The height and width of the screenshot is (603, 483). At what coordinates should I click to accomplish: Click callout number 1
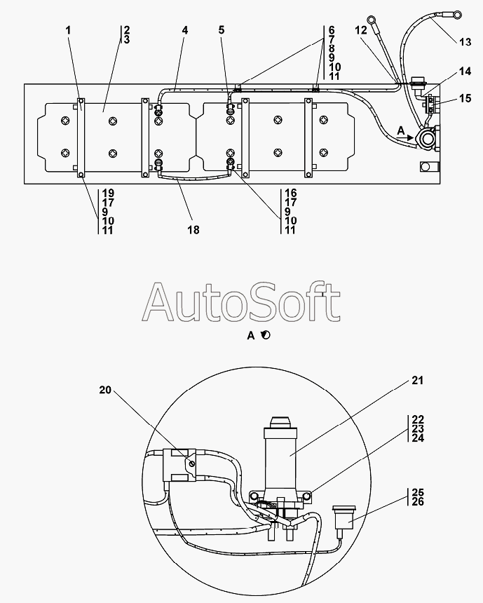pos(69,30)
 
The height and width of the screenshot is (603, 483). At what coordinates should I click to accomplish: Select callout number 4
pos(185,30)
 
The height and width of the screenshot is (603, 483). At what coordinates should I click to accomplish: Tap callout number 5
pos(222,30)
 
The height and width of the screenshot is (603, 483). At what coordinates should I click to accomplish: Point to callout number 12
pos(361,30)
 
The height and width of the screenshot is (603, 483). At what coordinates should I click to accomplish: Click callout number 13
pos(465,42)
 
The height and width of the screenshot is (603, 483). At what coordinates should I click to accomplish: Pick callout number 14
pos(465,71)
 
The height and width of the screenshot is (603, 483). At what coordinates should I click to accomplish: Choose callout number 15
pos(465,98)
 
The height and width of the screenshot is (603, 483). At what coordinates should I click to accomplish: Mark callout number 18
pos(193,229)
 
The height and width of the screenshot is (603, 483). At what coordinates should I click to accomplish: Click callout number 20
pos(105,390)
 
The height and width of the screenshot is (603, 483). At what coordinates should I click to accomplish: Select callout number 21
pos(418,380)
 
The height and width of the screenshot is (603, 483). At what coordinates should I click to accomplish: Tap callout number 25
pos(418,492)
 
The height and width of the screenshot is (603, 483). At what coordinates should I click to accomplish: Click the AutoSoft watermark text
pos(241,302)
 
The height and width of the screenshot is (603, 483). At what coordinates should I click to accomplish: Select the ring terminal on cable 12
pos(372,19)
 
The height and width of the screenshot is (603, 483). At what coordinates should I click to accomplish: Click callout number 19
pos(108,193)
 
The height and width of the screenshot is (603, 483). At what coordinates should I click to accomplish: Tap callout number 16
pos(291,193)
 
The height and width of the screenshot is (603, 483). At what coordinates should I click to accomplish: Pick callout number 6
pos(332,30)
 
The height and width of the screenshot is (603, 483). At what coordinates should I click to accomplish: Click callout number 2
pos(127,30)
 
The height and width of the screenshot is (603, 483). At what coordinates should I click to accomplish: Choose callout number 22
pos(418,419)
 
